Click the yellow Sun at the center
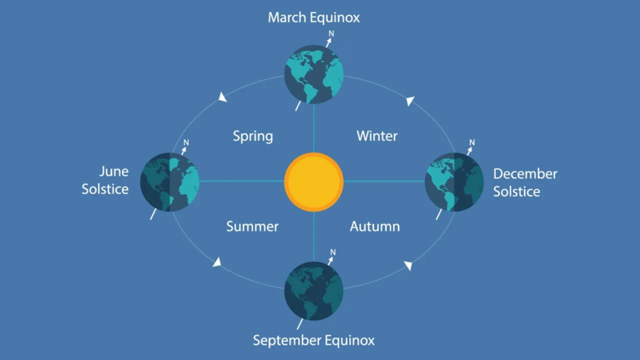pos(314,182)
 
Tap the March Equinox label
pos(314,17)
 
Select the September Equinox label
pos(314,340)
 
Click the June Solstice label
pos(105,180)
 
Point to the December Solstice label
pos(525,182)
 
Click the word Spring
pos(252,136)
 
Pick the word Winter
pos(377,136)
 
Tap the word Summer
pos(252,226)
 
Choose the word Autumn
pos(375,226)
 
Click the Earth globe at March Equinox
pos(314,74)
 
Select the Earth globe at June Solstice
pos(169,182)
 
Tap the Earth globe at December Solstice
pos(454,182)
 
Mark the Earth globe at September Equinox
pos(314,291)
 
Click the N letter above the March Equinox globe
pos(331,34)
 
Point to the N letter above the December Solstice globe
pos(472,142)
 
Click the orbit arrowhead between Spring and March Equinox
pos(222,97)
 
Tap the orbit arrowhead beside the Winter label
pos(410,101)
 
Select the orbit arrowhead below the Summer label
pos(217,262)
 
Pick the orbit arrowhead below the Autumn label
pos(408,266)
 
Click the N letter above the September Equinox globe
pos(333,252)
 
